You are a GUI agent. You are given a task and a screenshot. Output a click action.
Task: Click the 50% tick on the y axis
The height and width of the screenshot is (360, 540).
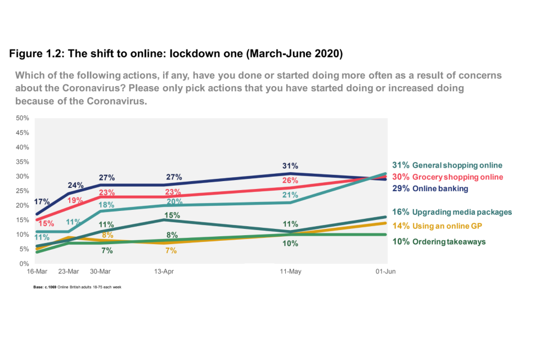point(22,118)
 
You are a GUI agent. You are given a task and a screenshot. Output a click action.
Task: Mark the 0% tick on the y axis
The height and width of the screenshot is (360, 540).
point(24,263)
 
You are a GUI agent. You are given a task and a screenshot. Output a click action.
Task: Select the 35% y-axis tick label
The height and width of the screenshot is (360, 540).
point(22,162)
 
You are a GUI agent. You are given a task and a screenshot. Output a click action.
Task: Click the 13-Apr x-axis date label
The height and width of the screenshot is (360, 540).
point(163,272)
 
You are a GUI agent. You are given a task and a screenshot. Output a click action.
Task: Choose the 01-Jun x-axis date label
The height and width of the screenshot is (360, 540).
point(385,272)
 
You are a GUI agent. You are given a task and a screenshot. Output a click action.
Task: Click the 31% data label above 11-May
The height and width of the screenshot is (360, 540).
point(290,166)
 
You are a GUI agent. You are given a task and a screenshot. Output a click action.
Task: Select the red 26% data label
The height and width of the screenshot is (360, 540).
point(290,181)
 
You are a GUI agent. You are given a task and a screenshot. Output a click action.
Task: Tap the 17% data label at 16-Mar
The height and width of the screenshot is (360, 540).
point(42,201)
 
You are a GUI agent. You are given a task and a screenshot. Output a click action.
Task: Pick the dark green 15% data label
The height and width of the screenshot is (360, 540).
point(172,215)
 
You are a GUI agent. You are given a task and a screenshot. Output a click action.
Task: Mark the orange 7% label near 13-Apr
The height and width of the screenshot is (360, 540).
point(171,250)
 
